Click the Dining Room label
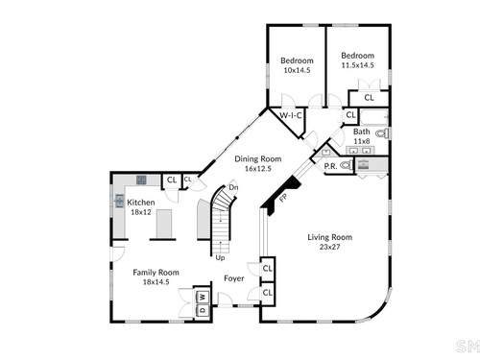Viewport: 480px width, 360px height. tap(258, 158)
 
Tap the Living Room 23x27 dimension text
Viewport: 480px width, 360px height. tap(329, 247)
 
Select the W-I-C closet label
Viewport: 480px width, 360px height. tap(291, 115)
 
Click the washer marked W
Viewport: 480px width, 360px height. tap(203, 297)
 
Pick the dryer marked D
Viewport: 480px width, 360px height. tap(203, 310)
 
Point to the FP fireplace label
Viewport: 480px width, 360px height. tap(283, 198)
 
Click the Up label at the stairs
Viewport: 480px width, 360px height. tap(220, 257)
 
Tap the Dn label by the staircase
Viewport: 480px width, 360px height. tap(233, 187)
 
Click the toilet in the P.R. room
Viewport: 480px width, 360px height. tap(347, 165)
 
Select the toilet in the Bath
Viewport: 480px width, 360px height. tap(382, 133)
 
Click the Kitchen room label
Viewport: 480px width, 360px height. tap(141, 203)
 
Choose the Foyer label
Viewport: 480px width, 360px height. tap(234, 278)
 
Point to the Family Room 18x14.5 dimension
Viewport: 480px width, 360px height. tap(156, 282)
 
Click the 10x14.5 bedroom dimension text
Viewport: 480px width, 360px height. tap(297, 70)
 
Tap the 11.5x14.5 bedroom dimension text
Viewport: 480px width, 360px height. tap(357, 65)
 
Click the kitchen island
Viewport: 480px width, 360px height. tap(164, 224)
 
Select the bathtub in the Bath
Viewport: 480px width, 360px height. tap(374, 117)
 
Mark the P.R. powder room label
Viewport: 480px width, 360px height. tap(330, 166)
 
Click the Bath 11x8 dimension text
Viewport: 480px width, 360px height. tap(362, 141)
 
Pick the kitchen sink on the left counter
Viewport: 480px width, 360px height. tap(119, 201)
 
